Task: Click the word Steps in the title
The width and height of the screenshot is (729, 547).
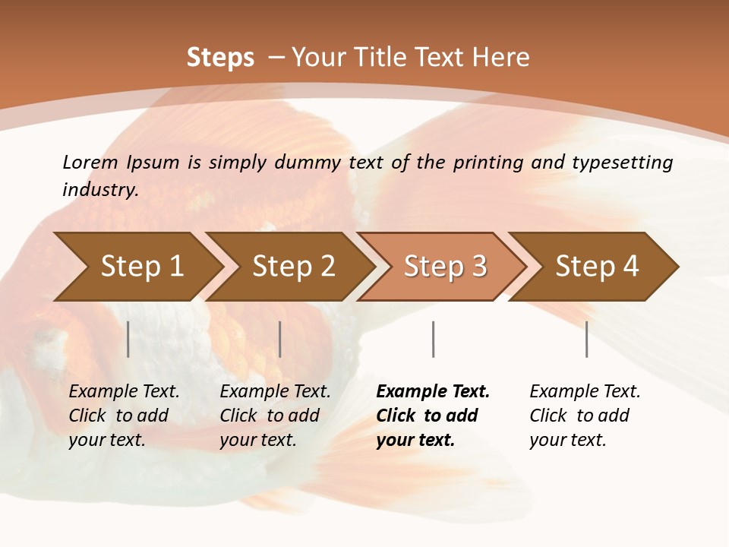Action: pyautogui.click(x=220, y=58)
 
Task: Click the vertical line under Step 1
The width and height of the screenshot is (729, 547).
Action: pyautogui.click(x=128, y=339)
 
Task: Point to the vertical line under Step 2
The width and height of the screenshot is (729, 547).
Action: pyautogui.click(x=280, y=339)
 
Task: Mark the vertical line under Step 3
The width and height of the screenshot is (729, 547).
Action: pyautogui.click(x=434, y=339)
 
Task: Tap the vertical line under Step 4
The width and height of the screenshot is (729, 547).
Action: pyautogui.click(x=587, y=339)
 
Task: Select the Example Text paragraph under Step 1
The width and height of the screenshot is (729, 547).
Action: pyautogui.click(x=124, y=416)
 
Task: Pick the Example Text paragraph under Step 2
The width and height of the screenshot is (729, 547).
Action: pyautogui.click(x=275, y=416)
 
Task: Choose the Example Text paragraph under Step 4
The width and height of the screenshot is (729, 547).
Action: pyautogui.click(x=585, y=416)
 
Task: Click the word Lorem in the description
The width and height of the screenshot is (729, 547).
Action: pyautogui.click(x=90, y=162)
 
